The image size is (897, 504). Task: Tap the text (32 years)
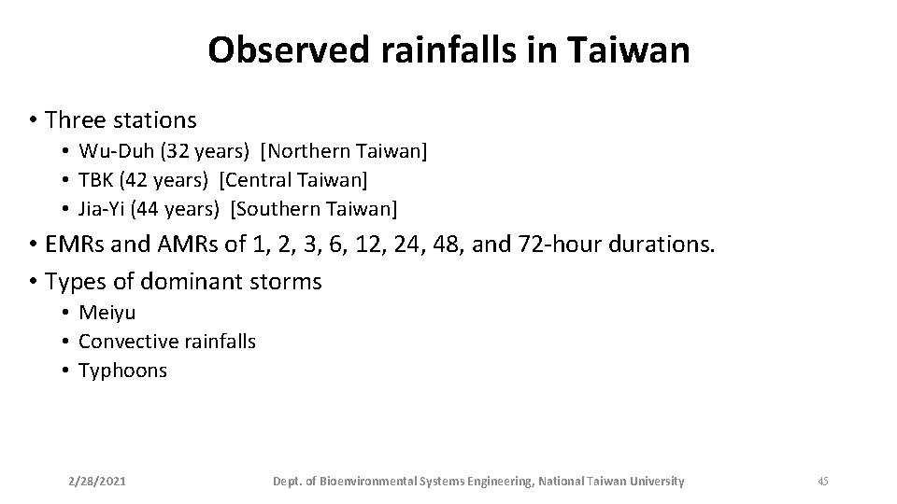[202, 150]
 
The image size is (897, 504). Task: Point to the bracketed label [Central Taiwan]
[293, 178]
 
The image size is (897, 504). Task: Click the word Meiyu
[107, 313]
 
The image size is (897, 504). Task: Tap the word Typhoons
[122, 371]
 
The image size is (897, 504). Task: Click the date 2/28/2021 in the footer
[98, 482]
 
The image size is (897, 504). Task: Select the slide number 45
[823, 482]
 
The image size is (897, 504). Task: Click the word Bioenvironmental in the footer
[367, 482]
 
